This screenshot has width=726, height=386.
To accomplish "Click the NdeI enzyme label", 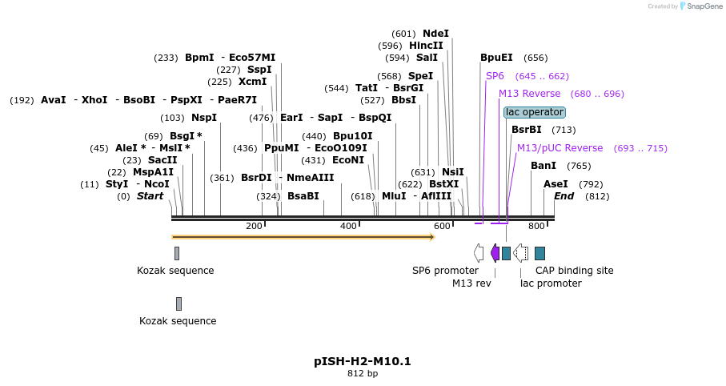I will coord(435,34).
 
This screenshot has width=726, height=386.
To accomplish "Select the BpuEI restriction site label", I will coord(496,58).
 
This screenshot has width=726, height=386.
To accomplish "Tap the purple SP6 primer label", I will coord(495,76).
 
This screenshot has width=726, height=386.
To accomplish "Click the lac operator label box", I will coord(535,112).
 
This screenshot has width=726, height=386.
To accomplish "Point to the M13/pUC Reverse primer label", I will coord(559,148).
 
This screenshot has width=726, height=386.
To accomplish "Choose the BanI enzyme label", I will coord(543,166).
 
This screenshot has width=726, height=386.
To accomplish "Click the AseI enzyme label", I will coord(556,184).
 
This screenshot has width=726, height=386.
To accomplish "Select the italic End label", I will coord(564,196).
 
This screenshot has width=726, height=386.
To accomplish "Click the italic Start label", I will coord(150,196).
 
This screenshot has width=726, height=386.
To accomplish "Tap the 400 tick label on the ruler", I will coord(348,227).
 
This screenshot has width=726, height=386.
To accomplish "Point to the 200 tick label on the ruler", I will coord(254,227).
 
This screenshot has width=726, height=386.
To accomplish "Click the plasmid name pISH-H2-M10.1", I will coord(363,361).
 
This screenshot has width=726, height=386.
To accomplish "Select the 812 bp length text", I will coord(363,373).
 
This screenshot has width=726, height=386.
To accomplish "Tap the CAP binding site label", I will coord(574,271).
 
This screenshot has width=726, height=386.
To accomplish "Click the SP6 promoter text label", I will coord(445,271).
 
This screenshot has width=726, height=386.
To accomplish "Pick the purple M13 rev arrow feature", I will coord(495,253).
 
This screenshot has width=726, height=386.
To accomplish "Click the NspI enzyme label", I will coord(204,118).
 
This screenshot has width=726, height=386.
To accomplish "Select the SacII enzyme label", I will coord(162,160).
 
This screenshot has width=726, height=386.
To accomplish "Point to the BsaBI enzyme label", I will coord(303,196).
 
